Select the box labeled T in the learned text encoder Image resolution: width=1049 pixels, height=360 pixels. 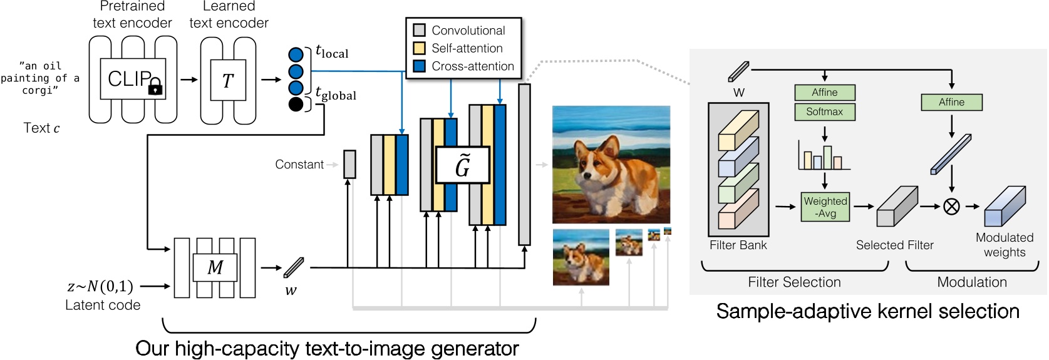228,80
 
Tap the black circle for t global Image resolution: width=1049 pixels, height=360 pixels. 296,104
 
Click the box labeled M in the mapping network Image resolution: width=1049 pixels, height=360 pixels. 215,267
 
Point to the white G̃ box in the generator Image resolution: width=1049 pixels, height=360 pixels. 462,165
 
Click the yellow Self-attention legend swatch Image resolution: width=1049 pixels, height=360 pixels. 420,48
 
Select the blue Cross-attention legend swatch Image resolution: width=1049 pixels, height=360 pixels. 420,66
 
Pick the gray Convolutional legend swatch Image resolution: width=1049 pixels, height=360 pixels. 420,30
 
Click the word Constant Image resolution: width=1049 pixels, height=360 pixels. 299,164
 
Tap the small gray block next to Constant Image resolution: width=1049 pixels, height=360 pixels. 349,164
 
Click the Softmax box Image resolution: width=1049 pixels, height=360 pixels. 824,111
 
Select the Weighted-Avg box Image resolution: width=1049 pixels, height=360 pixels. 825,207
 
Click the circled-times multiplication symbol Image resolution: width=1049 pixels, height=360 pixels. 951,206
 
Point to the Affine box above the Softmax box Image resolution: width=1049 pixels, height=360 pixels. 824,93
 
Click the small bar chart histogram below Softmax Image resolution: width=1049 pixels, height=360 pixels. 824,157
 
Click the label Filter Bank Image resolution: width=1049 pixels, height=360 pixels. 738,245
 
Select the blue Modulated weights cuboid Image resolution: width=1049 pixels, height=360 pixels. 1005,206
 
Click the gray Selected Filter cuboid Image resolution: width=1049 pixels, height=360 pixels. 897,206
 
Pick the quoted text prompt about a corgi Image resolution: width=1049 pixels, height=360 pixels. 40,78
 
